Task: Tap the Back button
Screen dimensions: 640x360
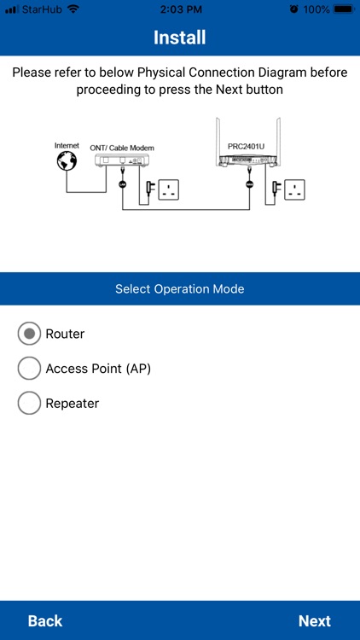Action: [45, 620]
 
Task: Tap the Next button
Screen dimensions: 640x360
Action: [314, 620]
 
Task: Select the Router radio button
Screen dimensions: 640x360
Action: [29, 334]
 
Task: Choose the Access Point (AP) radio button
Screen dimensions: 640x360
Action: [29, 369]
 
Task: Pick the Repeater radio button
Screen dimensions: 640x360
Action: [29, 404]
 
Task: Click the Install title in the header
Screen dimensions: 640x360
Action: [179, 38]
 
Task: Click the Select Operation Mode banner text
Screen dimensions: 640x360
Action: [179, 289]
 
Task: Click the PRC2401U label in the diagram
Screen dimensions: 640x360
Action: [247, 147]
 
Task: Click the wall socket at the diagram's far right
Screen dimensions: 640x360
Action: [296, 189]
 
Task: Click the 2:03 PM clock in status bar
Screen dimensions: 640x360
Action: [179, 9]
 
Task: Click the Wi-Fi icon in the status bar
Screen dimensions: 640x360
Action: [73, 9]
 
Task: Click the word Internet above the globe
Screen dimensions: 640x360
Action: [67, 146]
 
